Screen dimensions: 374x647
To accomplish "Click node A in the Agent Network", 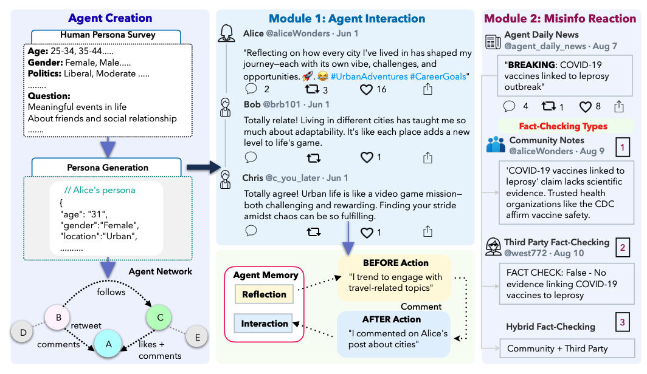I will coord(108,344).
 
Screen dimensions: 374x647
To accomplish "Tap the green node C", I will coord(160,317).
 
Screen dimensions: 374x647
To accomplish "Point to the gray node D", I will coord(23,332).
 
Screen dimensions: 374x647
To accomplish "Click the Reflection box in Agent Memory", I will coord(264,294).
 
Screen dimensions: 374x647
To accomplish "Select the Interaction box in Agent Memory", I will coord(264,324).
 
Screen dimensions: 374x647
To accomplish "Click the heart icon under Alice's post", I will coord(367,89).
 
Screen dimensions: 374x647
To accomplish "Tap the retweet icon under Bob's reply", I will coord(314,158).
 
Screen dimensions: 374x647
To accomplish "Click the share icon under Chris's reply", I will coord(427,231).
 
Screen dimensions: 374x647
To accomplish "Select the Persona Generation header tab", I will coord(108,168).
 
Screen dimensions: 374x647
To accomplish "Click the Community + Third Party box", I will coord(556,348).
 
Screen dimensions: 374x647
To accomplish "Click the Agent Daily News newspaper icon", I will coord(493,41).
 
